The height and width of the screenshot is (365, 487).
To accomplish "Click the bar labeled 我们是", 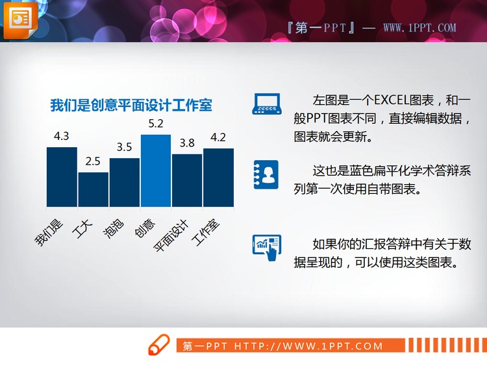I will (62, 176).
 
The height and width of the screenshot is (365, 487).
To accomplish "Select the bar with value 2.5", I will (93, 189).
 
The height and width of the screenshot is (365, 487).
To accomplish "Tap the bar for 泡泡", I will (124, 182).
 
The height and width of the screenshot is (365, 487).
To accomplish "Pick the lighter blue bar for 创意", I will (156, 171).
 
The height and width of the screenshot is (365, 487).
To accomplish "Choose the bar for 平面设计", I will (187, 180).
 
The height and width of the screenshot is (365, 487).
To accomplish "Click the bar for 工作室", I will (218, 177).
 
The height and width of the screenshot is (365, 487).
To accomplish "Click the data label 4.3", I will (62, 136).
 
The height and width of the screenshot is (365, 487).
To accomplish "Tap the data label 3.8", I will (187, 143).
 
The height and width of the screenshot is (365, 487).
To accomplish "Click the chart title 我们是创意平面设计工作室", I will (131, 105).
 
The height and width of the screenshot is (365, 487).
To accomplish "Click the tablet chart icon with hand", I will (266, 248).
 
